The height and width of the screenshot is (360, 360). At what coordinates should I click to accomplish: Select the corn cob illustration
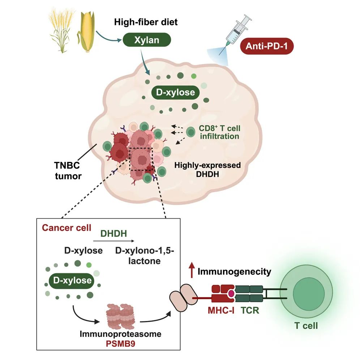click(85, 33)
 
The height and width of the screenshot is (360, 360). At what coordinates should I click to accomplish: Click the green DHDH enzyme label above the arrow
click(113, 234)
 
